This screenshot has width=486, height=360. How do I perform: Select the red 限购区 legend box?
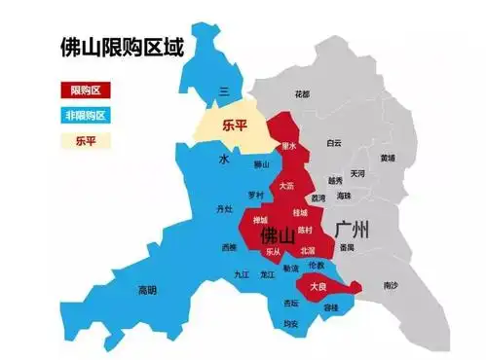[x=86, y=90]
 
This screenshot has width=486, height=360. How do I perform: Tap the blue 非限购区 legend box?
[x=86, y=116]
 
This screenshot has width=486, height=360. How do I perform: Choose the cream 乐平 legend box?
[x=86, y=140]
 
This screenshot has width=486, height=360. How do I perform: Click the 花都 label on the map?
[x=302, y=94]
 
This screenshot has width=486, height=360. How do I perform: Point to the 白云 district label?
[x=334, y=142]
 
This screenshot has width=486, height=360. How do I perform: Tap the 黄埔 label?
[x=388, y=157]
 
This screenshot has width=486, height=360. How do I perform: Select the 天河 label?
[x=357, y=173]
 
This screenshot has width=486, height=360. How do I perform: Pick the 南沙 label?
[x=391, y=285]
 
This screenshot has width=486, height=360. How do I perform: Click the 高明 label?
[x=147, y=289]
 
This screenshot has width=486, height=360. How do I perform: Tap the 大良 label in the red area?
[x=318, y=287]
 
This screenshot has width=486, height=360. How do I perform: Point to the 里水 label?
[x=287, y=147]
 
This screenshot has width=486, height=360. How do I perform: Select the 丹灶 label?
[x=225, y=209]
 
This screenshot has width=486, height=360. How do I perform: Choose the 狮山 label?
[x=260, y=165]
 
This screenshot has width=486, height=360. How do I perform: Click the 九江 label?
[x=242, y=274]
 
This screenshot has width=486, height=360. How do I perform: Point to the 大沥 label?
[x=286, y=185]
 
